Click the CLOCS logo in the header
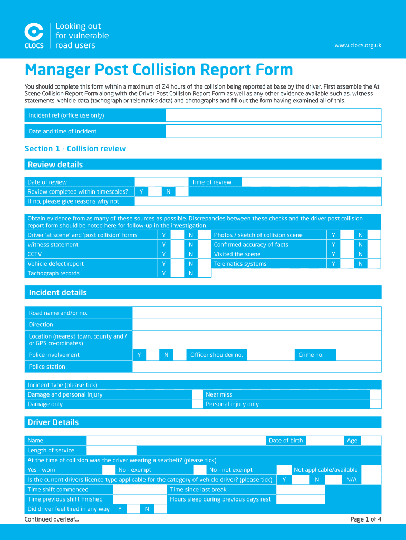[34, 35]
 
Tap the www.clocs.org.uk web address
[357, 45]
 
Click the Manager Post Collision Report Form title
[159, 70]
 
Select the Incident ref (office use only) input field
[273, 115]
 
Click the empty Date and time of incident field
[273, 131]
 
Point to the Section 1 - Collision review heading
[75, 149]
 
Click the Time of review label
[211, 182]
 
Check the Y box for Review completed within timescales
[154, 192]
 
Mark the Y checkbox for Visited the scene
[347, 254]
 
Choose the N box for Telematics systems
[374, 264]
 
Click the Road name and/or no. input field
[256, 313]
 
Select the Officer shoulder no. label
[217, 355]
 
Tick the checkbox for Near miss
[375, 394]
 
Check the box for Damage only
[197, 404]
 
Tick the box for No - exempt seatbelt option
[199, 470]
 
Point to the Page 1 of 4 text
[365, 519]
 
